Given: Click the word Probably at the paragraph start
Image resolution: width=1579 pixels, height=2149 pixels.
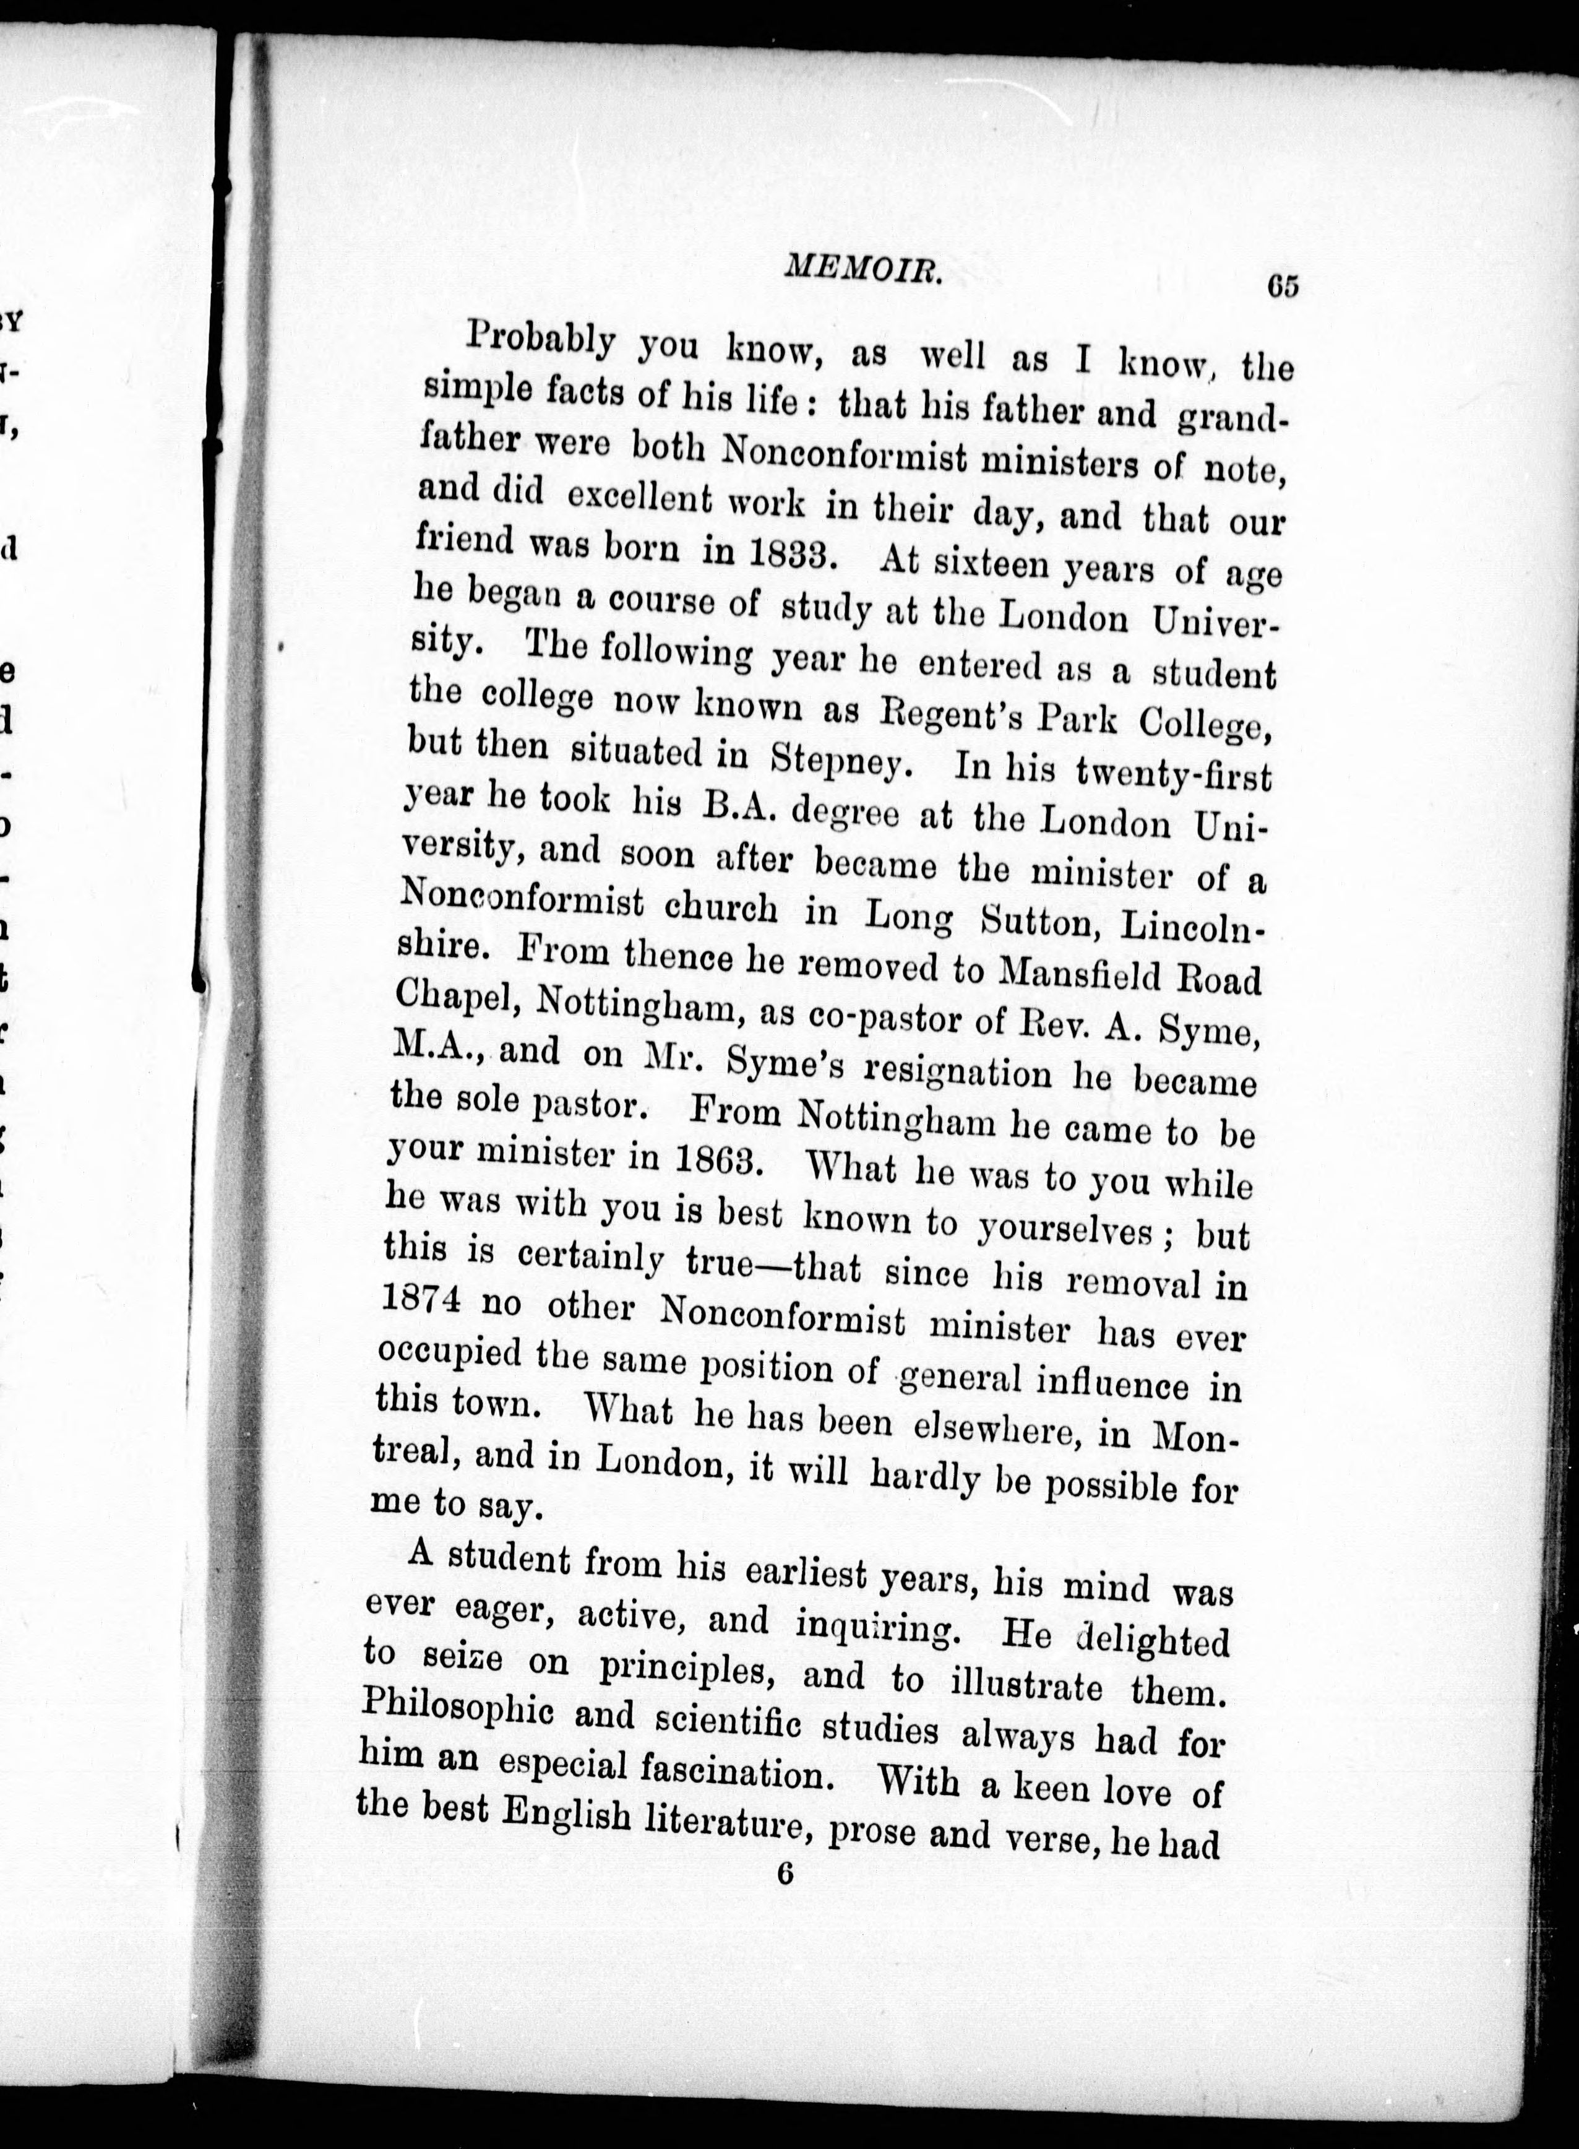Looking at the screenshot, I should coord(542,342).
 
